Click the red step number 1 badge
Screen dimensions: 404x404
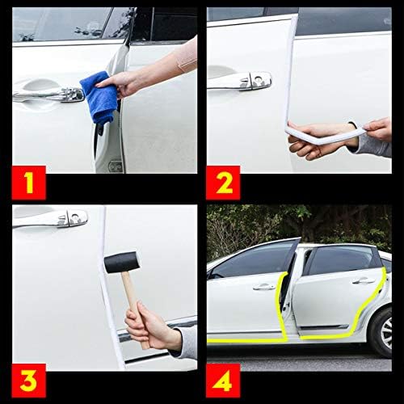(29, 183)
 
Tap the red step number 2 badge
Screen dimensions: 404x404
(223, 183)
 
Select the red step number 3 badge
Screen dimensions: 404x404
(29, 381)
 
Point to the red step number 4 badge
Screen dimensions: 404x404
(223, 381)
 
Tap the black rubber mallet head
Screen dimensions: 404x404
(122, 262)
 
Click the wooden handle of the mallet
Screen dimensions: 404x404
(134, 307)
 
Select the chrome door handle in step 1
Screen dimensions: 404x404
(48, 95)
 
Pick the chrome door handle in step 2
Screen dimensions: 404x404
(240, 82)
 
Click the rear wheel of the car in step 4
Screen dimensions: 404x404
(382, 333)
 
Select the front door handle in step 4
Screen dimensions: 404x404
(264, 288)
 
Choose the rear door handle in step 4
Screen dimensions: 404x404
(364, 281)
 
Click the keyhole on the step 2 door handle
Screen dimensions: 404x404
(258, 79)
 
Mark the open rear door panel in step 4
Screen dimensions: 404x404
(337, 297)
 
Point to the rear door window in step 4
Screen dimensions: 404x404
(342, 260)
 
